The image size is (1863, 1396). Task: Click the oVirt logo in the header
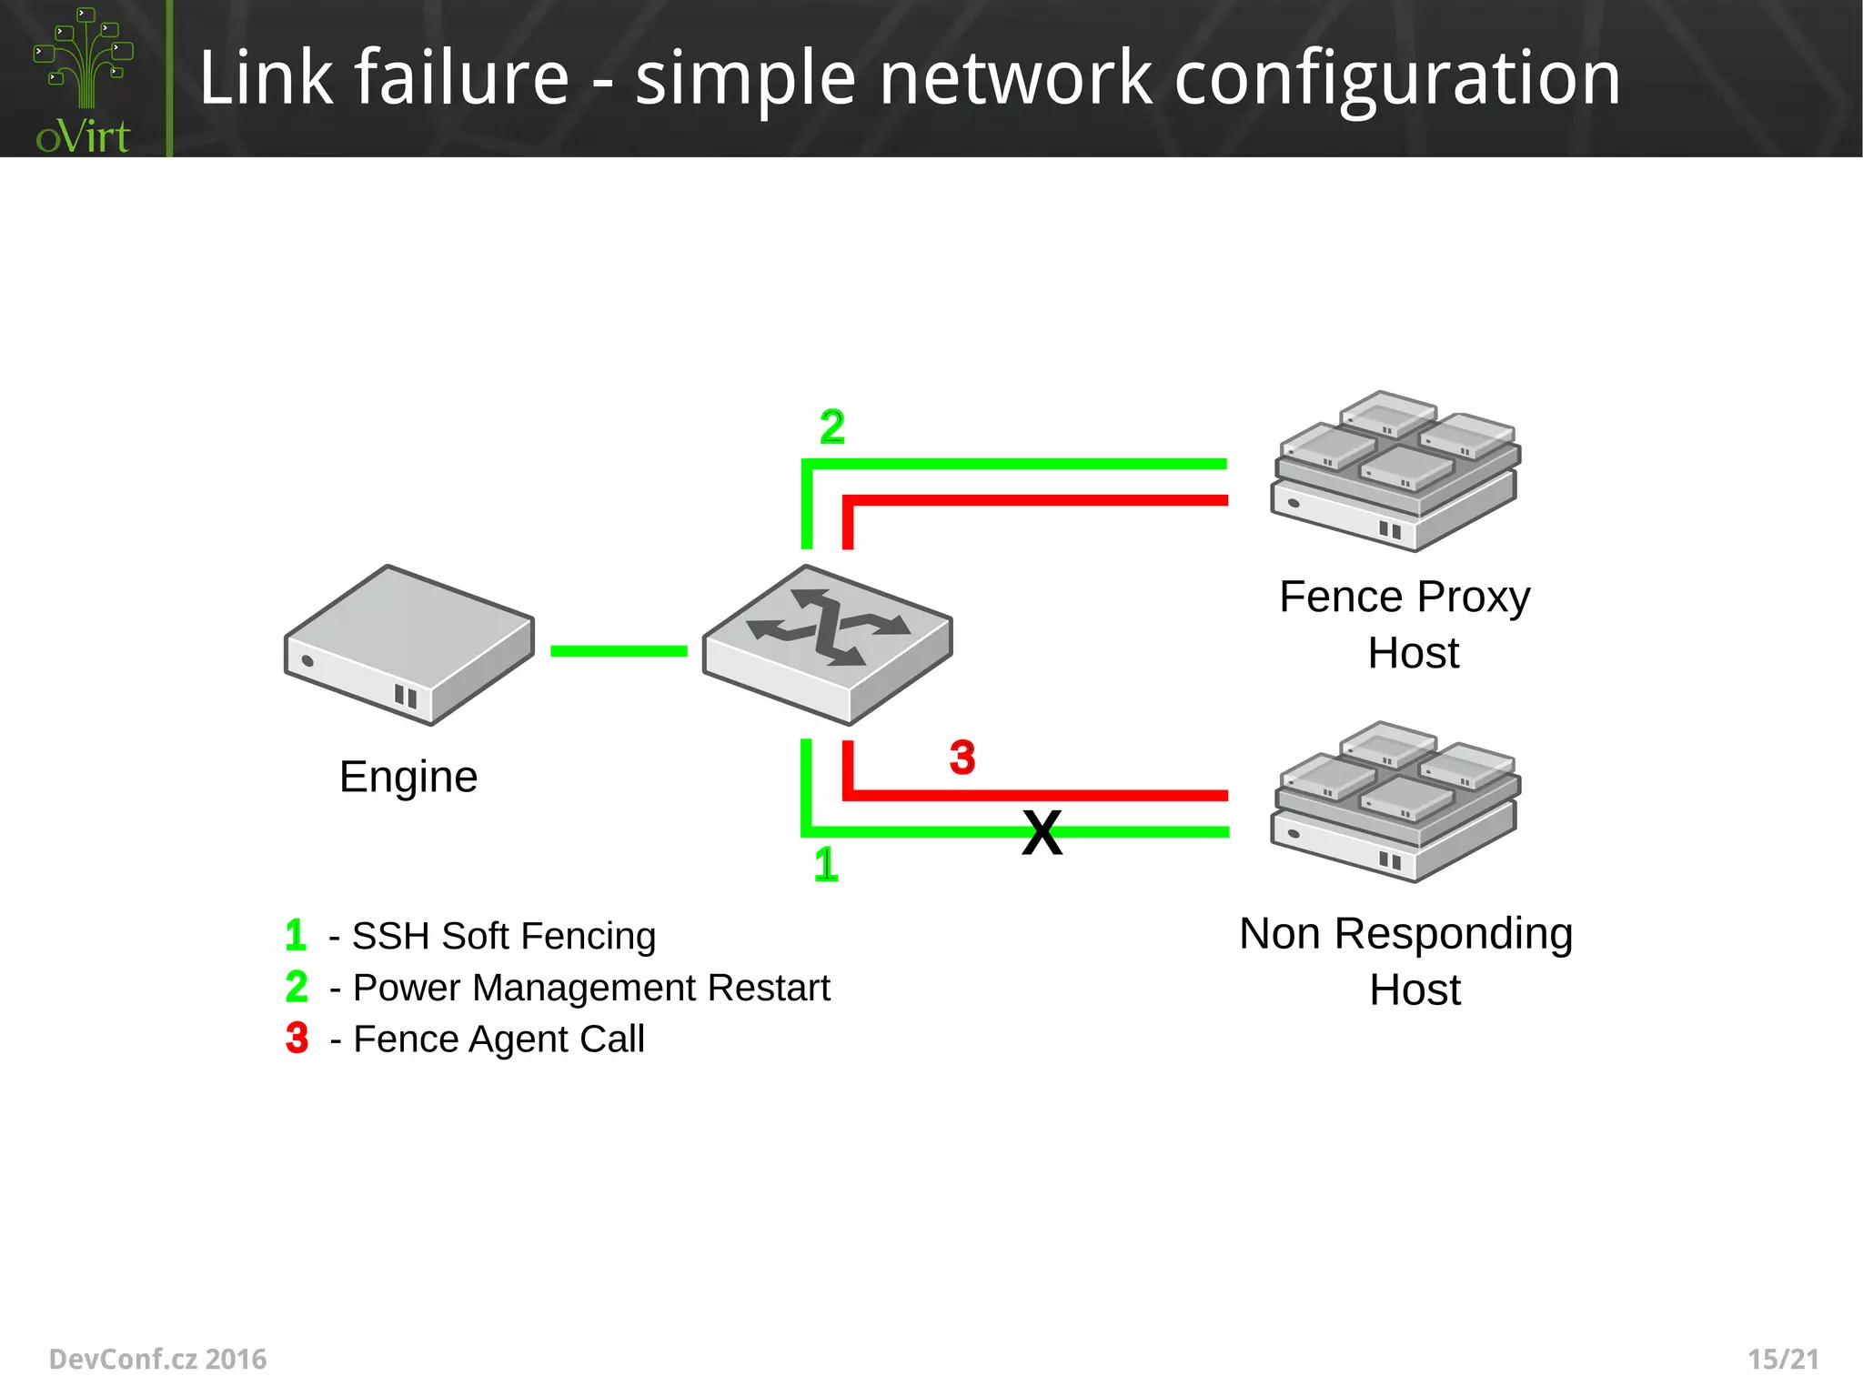(83, 80)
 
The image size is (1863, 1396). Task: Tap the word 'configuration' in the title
(1396, 80)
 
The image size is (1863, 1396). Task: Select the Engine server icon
(408, 645)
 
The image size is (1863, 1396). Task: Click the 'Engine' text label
(408, 777)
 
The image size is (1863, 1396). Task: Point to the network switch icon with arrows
(827, 644)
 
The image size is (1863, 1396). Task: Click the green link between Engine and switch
(619, 651)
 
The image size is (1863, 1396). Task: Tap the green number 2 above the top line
(831, 427)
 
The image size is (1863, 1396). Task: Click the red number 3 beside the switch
(962, 758)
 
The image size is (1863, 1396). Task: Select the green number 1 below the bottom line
(825, 864)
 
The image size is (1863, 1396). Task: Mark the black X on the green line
(1042, 832)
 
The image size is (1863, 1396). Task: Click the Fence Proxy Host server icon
(1395, 471)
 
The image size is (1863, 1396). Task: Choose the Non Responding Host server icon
(1395, 801)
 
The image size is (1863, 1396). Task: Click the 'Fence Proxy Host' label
(1405, 625)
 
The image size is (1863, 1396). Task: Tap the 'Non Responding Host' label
(1406, 961)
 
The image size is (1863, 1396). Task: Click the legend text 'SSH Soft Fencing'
(503, 936)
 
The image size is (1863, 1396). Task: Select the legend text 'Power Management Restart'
(591, 988)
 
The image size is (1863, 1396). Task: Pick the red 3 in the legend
(297, 1038)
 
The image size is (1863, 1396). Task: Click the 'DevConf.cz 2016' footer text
(157, 1359)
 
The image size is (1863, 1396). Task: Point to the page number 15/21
(1783, 1359)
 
